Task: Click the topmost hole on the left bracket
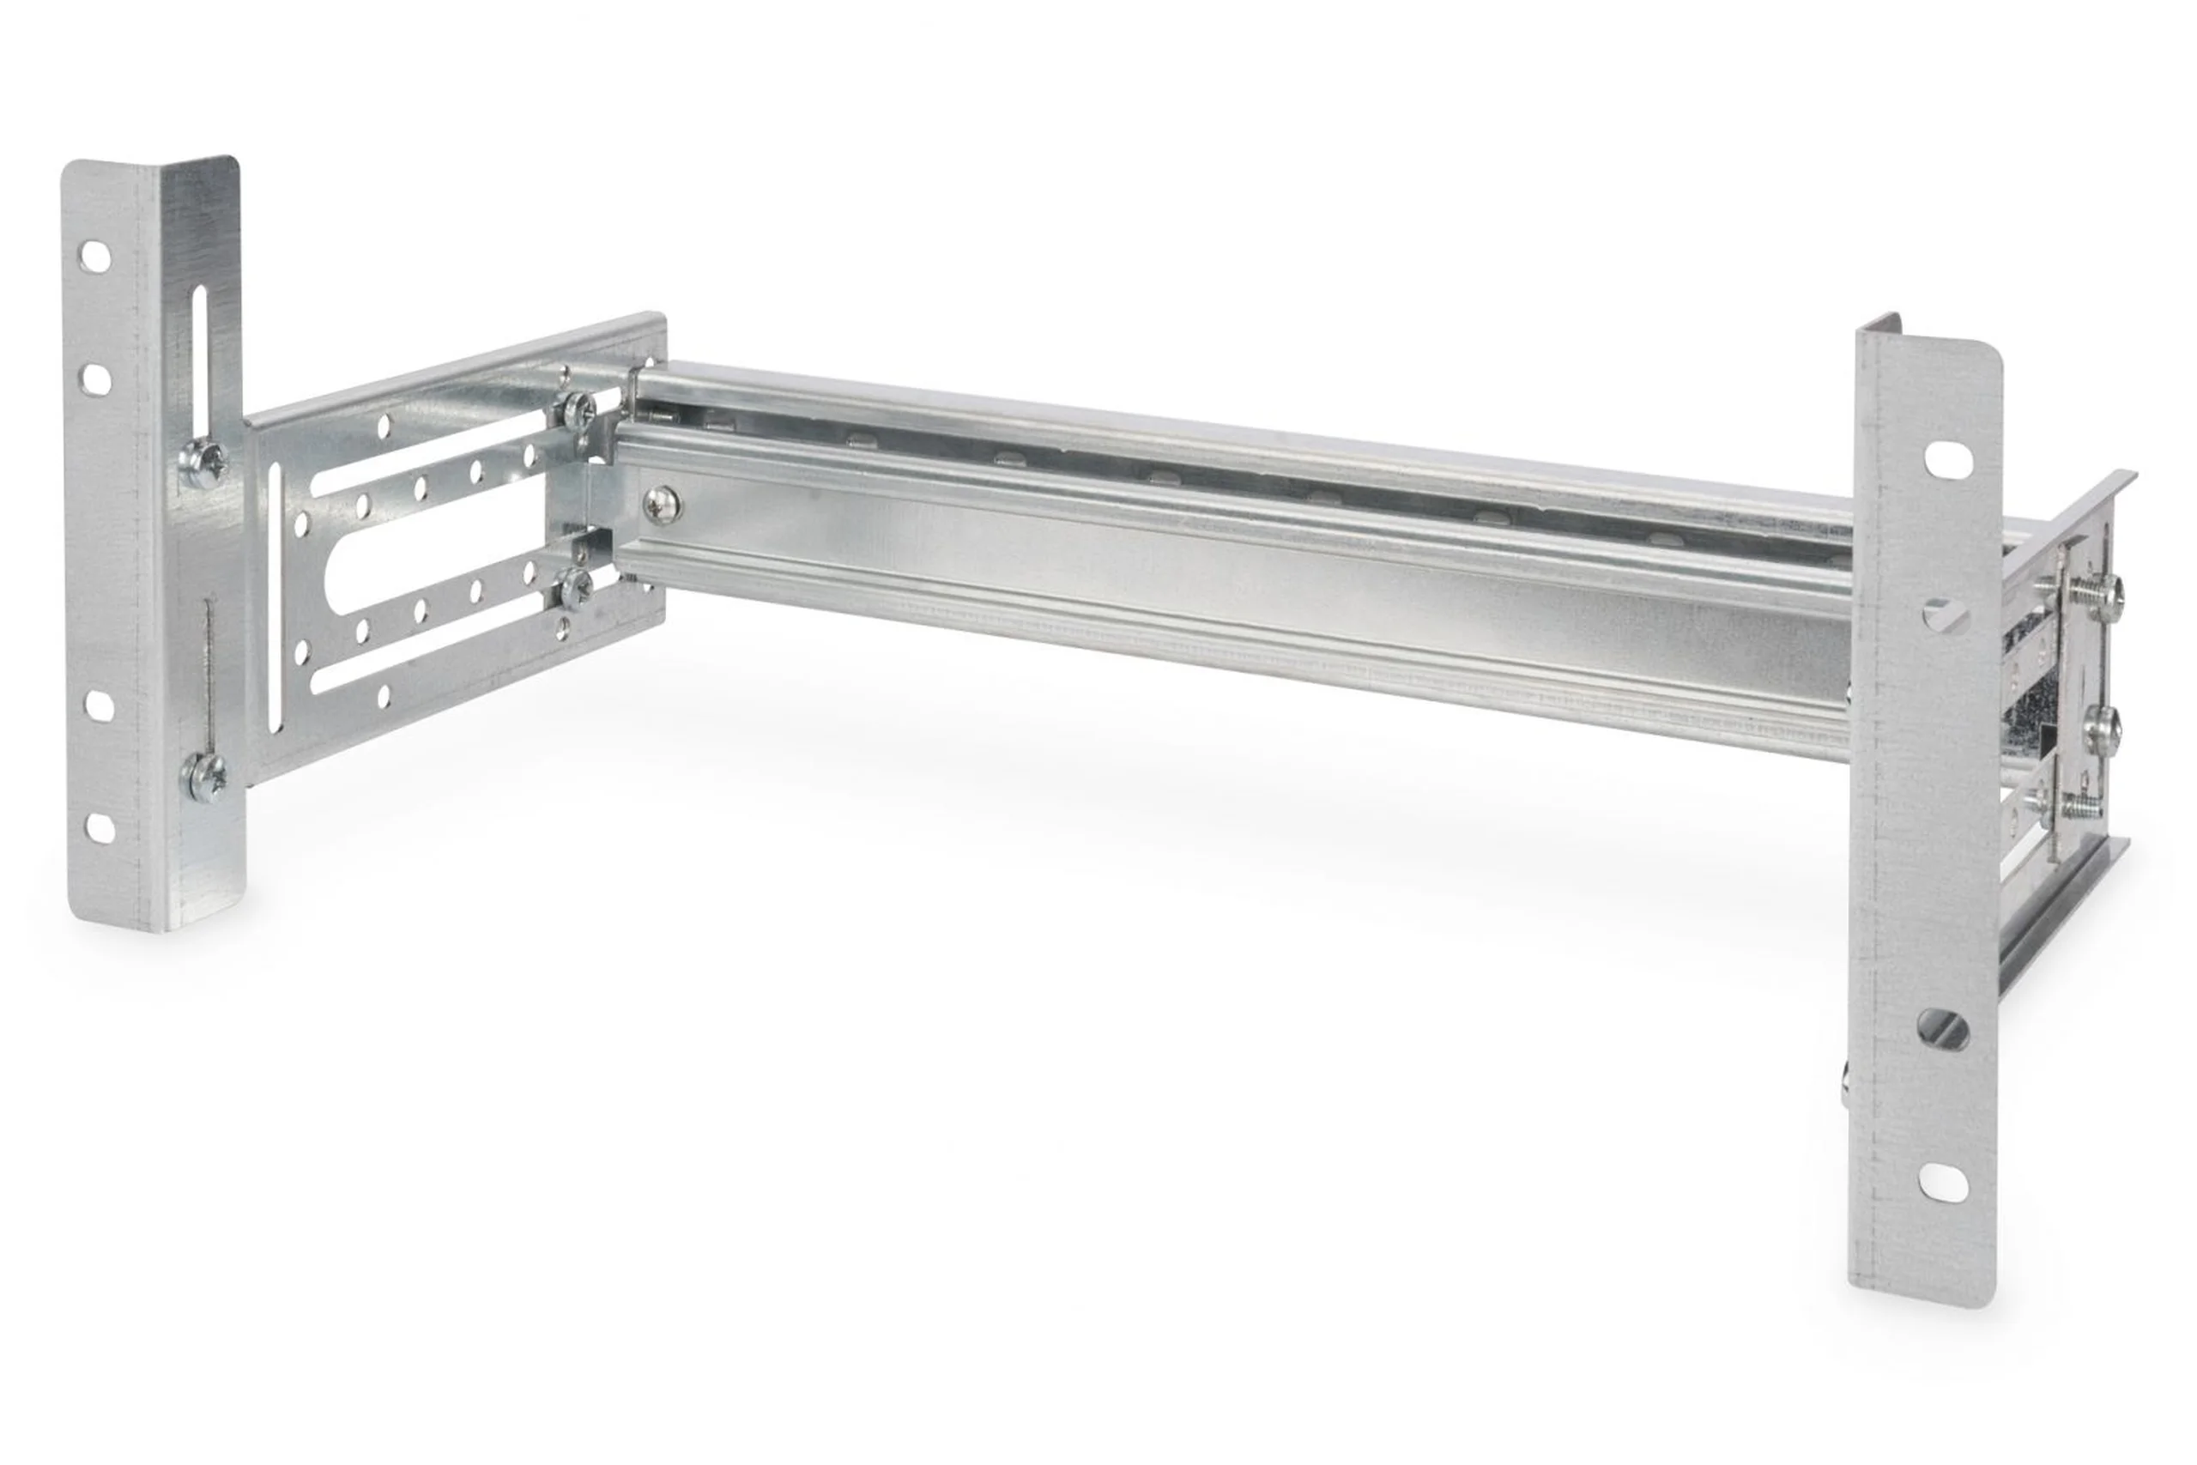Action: click(94, 256)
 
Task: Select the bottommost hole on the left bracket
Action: click(100, 826)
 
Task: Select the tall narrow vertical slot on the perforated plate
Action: click(276, 598)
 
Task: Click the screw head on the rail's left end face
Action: click(662, 505)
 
